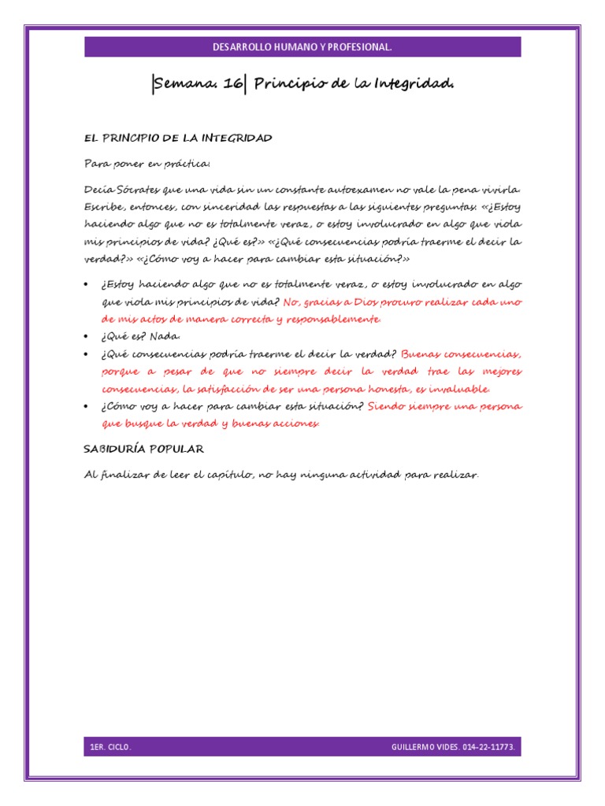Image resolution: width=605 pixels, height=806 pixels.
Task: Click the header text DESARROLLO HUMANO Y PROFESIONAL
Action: pyautogui.click(x=302, y=48)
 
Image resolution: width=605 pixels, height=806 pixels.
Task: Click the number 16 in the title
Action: pyautogui.click(x=233, y=83)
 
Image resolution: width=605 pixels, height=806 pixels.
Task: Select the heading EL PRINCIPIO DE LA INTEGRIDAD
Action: pyautogui.click(x=178, y=138)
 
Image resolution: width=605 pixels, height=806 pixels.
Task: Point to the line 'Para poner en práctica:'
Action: pyautogui.click(x=147, y=164)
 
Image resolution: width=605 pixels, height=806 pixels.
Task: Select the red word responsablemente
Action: pyautogui.click(x=333, y=320)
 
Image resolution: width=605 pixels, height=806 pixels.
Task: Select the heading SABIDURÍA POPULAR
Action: pyautogui.click(x=144, y=449)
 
